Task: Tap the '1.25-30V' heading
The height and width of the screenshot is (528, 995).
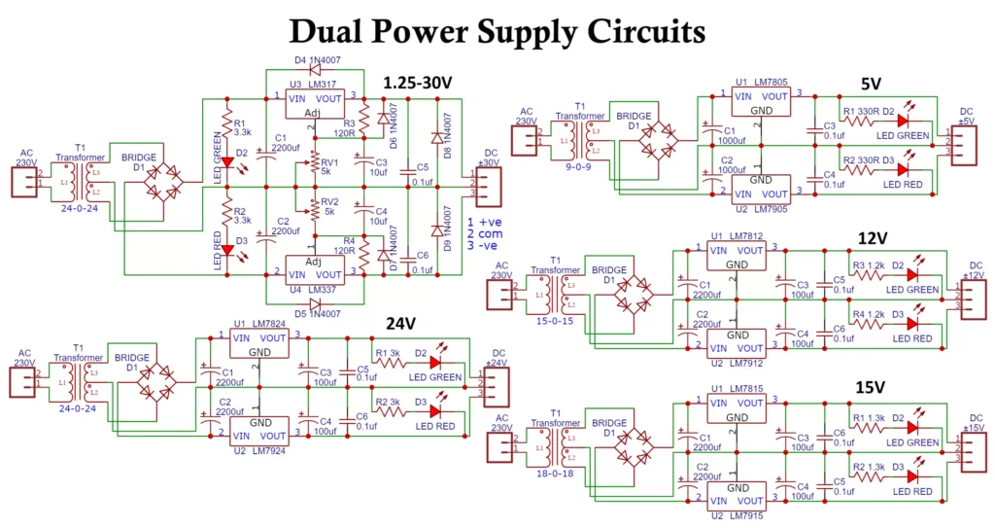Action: (418, 83)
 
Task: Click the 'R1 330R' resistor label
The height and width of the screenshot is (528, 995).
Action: (862, 111)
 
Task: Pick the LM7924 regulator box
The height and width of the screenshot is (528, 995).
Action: (259, 429)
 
